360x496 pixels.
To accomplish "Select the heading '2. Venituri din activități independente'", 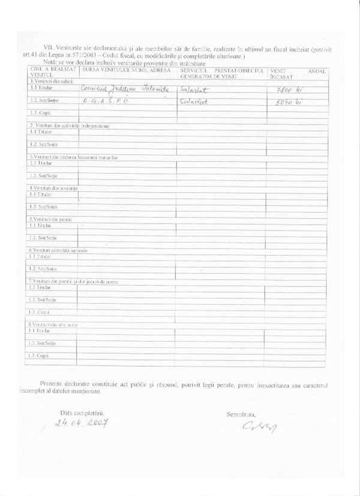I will click(67, 125).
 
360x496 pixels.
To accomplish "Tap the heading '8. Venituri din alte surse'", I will click(54, 324).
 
